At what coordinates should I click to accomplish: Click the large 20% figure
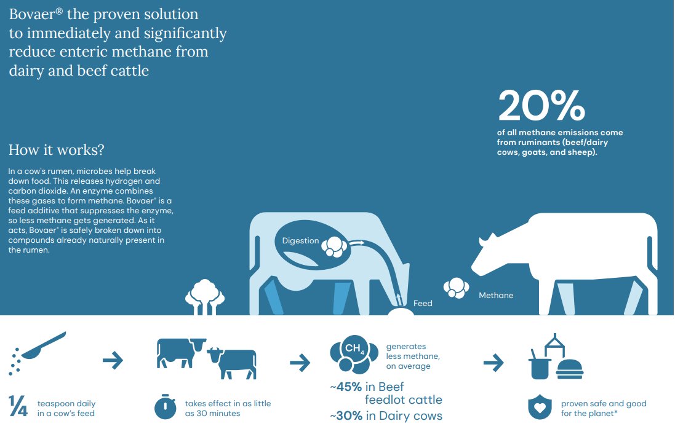coord(541,105)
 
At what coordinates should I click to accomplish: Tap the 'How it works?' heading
coord(57,150)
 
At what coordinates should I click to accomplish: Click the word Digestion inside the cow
coord(300,240)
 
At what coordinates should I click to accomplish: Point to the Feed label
coord(422,303)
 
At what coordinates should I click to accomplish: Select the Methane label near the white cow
coord(496,295)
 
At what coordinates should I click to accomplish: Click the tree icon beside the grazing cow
coord(204,297)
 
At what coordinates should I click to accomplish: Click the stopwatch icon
coord(166,406)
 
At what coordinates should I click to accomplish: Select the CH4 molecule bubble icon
coord(354,354)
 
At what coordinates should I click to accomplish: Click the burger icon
coord(570,369)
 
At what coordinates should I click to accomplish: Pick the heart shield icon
coord(540,407)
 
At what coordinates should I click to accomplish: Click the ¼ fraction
coord(18,406)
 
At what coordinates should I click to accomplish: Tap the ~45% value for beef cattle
coord(346,387)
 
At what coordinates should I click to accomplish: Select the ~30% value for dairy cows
coord(346,416)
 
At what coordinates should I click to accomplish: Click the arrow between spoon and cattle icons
coord(113,360)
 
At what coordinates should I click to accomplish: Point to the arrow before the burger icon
coord(493,363)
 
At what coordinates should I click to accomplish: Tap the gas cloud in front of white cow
coord(457,288)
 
